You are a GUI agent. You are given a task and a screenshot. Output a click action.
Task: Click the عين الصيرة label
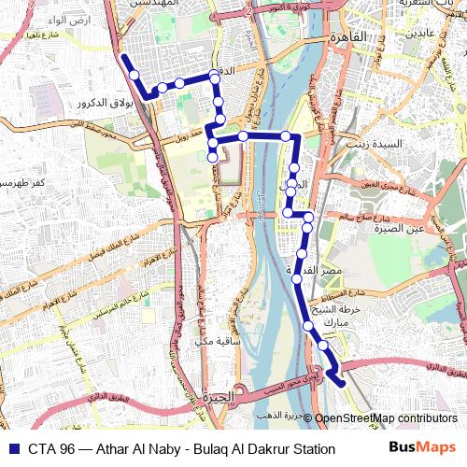(412, 227)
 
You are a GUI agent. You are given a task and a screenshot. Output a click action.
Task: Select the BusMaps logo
(423, 448)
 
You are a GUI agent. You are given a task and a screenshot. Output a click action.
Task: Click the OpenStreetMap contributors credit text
(386, 418)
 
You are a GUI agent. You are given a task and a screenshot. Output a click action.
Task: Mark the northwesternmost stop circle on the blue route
(134, 75)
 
